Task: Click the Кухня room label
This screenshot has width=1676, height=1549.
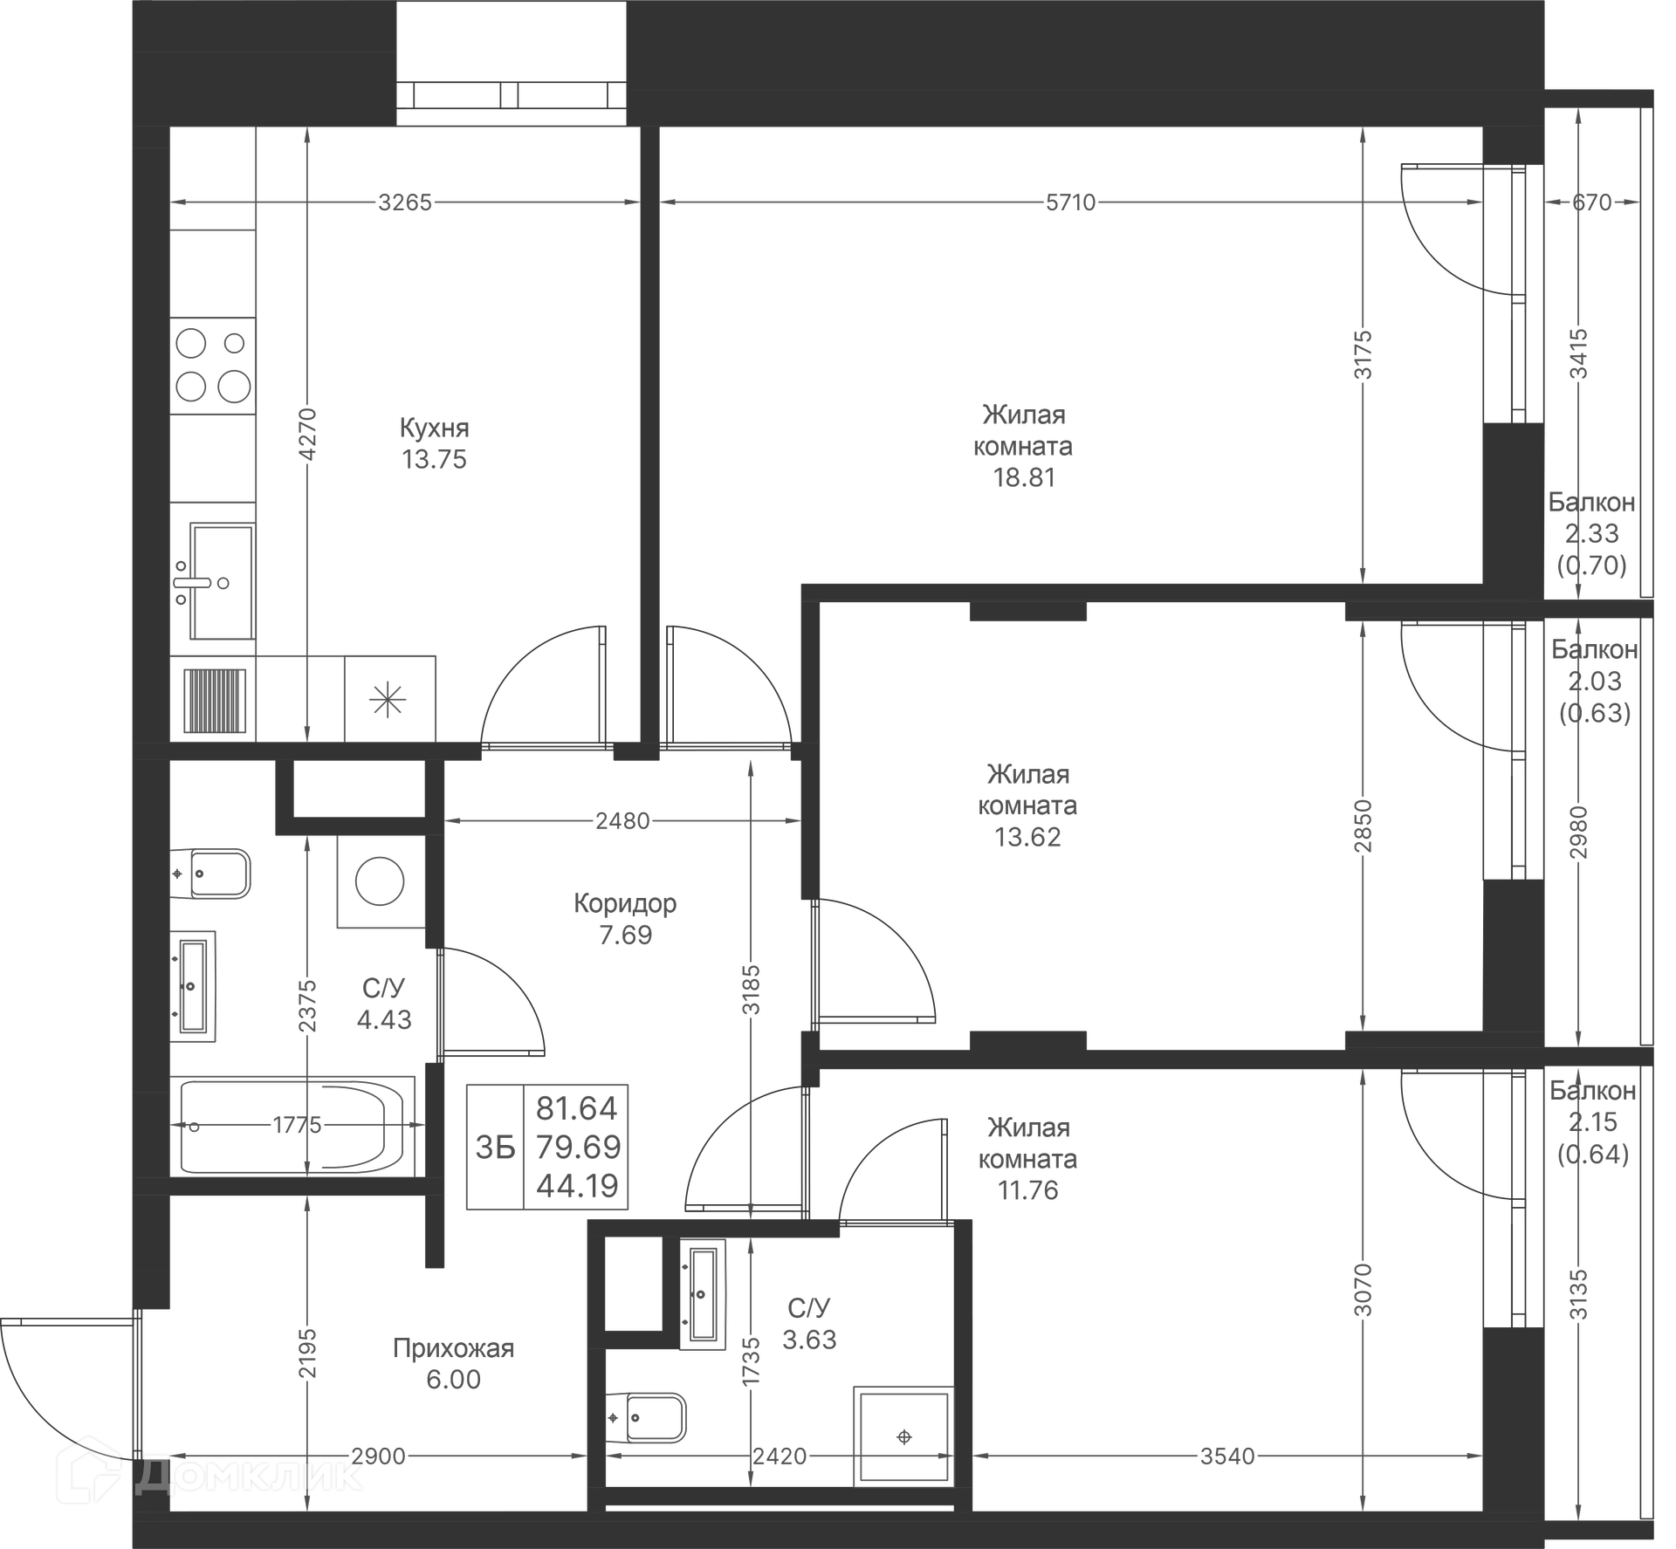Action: [434, 428]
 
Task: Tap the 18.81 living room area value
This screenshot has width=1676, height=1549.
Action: [1024, 477]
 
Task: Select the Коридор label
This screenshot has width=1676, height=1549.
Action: [625, 903]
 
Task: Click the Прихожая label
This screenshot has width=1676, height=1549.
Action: [453, 1348]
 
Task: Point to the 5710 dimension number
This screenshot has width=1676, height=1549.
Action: [1070, 202]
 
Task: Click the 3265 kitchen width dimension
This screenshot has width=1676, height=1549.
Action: [405, 202]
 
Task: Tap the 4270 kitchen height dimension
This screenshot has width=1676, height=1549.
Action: [307, 434]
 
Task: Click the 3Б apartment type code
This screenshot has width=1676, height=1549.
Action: [495, 1148]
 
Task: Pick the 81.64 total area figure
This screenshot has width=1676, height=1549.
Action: [576, 1108]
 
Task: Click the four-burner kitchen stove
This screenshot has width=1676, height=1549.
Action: [213, 365]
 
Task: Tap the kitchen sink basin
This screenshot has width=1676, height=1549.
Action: [222, 580]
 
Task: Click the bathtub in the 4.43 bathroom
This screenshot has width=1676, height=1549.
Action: [293, 1126]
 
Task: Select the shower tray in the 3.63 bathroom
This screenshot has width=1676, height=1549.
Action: [903, 1436]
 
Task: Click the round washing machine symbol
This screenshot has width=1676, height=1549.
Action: [380, 881]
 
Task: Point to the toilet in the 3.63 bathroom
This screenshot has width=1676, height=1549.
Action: [648, 1418]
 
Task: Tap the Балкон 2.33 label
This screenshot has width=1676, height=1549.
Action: [1591, 517]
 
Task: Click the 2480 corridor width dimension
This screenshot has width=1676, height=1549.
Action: [622, 820]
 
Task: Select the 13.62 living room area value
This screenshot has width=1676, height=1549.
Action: [1027, 837]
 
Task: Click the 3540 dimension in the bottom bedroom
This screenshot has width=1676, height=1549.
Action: [1227, 1456]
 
